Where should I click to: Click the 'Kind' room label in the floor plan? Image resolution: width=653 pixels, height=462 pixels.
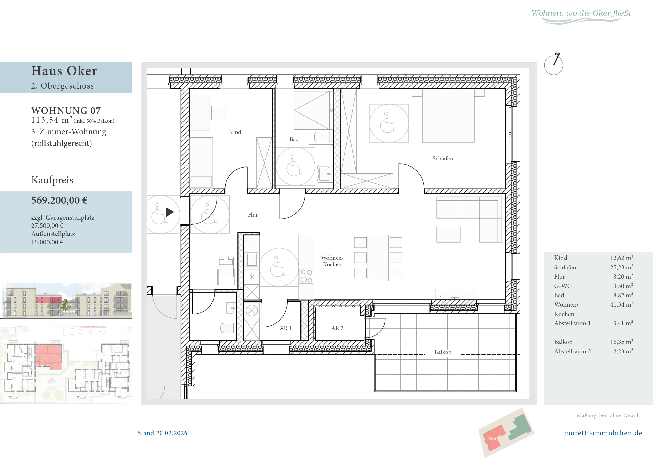click(235, 132)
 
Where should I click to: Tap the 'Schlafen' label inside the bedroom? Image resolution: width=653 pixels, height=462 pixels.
click(443, 159)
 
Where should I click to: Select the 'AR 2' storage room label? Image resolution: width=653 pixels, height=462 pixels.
click(337, 328)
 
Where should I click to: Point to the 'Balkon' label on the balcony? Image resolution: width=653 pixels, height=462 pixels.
click(443, 352)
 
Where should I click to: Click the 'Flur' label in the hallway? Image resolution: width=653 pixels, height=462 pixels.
click(253, 214)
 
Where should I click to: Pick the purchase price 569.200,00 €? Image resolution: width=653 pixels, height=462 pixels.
click(60, 200)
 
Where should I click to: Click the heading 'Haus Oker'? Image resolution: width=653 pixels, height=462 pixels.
click(64, 71)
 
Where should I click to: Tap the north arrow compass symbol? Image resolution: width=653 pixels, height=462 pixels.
click(553, 64)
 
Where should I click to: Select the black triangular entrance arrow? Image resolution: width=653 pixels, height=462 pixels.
click(170, 212)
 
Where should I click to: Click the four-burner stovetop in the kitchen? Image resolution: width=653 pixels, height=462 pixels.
click(306, 276)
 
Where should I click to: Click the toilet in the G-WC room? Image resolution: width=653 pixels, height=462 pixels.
click(228, 328)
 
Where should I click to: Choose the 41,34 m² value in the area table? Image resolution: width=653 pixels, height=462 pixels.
click(621, 304)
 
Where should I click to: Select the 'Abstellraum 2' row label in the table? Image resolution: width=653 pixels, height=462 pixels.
click(572, 351)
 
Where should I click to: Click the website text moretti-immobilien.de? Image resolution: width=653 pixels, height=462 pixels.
click(603, 433)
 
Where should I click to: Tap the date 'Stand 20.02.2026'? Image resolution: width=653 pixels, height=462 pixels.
click(162, 433)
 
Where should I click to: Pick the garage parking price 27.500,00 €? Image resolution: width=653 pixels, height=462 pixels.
click(47, 225)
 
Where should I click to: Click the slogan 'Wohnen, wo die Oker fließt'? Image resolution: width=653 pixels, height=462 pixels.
click(581, 13)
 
